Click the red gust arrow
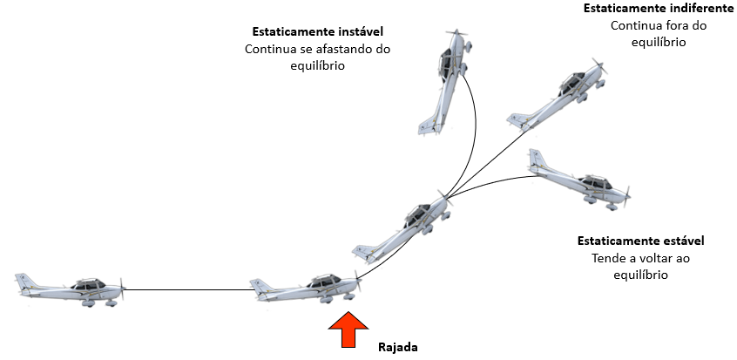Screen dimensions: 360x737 347,330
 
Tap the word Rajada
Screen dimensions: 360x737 397,347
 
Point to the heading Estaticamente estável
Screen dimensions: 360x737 640,241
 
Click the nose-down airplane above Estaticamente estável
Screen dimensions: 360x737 579,180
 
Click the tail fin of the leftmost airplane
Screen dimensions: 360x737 24,282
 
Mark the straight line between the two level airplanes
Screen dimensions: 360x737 187,289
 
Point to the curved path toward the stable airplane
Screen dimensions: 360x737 497,180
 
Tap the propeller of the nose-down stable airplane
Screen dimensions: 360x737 625,193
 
